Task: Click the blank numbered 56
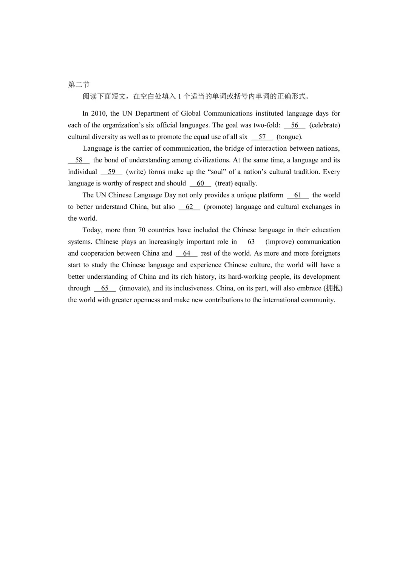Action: [x=294, y=125]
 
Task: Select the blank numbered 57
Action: [x=262, y=137]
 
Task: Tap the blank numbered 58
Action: [x=79, y=160]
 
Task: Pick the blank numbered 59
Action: [x=111, y=172]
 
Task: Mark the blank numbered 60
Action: [x=200, y=184]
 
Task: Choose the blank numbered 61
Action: [x=298, y=195]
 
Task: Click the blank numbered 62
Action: [x=189, y=207]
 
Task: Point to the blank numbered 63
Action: [x=251, y=242]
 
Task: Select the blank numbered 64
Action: [x=187, y=253]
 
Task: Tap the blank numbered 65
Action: [x=105, y=288]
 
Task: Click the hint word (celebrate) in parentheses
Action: [x=325, y=125]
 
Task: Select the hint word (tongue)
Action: [x=289, y=137]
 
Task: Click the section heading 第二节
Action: [x=79, y=85]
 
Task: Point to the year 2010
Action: [x=99, y=114]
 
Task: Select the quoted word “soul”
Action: [x=216, y=172]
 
